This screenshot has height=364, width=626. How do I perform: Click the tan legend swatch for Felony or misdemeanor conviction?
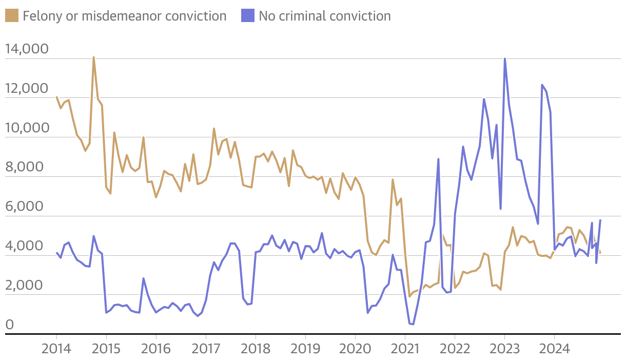[x=12, y=16]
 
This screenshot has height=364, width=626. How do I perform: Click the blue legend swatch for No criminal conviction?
[x=248, y=16]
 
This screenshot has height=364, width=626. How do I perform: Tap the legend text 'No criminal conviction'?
[x=324, y=16]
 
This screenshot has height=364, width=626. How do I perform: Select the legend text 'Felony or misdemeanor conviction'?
[x=125, y=16]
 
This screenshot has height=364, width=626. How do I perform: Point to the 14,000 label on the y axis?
[x=33, y=49]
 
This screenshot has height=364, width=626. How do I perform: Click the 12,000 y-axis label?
[x=33, y=89]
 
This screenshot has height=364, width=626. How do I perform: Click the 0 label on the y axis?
[x=9, y=325]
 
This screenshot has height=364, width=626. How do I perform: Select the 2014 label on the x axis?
[x=56, y=349]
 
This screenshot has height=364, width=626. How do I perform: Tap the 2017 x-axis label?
[x=206, y=349]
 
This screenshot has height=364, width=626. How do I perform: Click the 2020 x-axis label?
[x=355, y=349]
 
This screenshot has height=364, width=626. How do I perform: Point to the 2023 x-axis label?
[x=504, y=349]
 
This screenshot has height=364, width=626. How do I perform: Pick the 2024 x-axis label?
[x=554, y=349]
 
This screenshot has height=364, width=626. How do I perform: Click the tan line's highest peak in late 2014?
[x=93, y=57]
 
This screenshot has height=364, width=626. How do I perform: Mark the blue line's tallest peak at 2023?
[x=505, y=58]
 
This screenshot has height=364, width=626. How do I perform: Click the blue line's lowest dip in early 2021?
[x=412, y=324]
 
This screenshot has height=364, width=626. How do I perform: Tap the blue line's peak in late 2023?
[x=542, y=85]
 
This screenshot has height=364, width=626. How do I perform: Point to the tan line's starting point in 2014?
[x=56, y=97]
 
